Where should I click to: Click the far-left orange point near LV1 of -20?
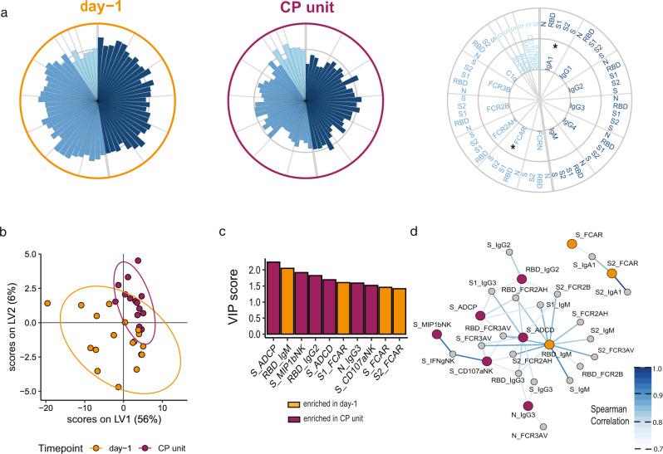click(x=48, y=304)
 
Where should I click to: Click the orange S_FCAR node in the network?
click(x=572, y=243)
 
